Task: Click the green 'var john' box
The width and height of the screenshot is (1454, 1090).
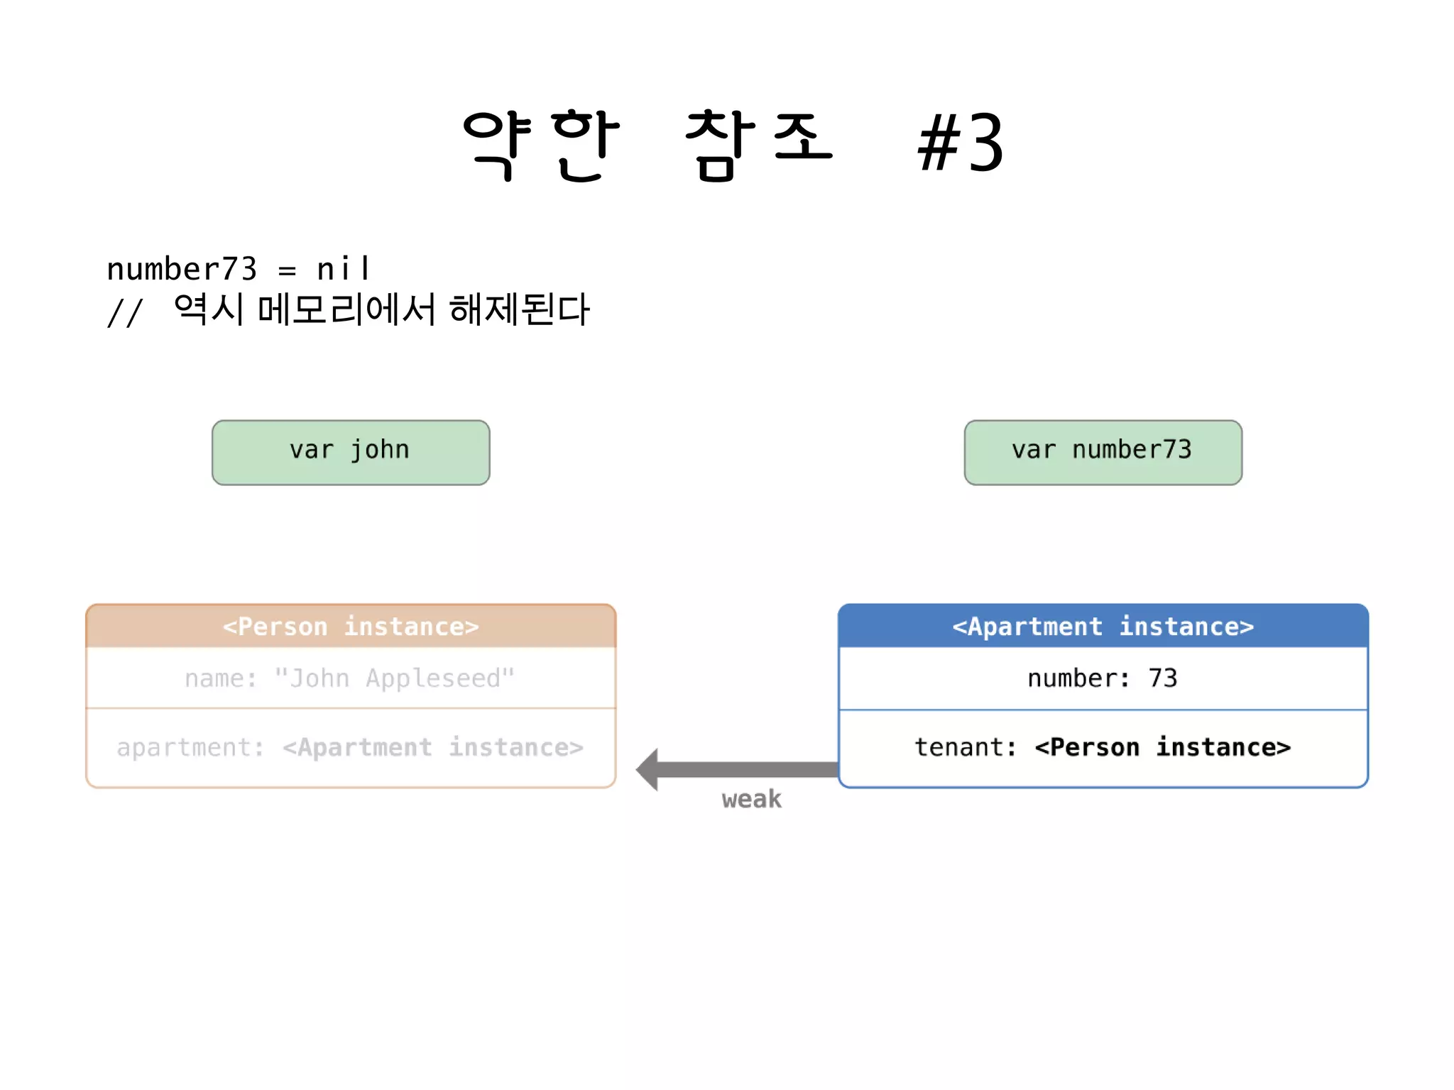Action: [351, 452]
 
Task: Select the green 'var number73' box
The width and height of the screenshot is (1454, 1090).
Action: [1103, 452]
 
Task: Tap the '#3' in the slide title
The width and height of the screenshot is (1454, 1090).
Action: [960, 144]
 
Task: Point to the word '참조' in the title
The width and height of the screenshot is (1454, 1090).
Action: [758, 144]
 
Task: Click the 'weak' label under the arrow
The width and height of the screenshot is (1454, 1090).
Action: [751, 799]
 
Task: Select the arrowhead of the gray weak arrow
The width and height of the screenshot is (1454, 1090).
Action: [649, 769]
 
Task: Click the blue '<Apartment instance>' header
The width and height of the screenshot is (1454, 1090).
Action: [1103, 627]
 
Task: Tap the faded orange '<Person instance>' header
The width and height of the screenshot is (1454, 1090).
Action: [351, 627]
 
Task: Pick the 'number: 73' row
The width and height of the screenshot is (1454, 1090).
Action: [1103, 678]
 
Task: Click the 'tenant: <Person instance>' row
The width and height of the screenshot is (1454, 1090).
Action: [1103, 747]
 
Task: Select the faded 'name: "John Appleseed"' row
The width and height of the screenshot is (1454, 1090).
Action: [351, 678]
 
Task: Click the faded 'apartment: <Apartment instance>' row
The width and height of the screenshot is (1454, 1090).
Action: [351, 747]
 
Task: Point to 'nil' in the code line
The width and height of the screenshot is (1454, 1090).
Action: [343, 269]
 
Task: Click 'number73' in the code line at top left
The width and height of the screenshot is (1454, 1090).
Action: [182, 269]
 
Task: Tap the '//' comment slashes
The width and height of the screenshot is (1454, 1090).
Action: [125, 312]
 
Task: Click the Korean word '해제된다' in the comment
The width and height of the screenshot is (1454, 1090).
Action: [520, 309]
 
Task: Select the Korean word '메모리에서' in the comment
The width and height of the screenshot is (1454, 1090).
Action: [346, 309]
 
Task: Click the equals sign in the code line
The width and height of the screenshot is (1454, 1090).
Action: [287, 271]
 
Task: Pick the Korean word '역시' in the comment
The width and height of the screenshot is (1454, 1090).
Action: [209, 309]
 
